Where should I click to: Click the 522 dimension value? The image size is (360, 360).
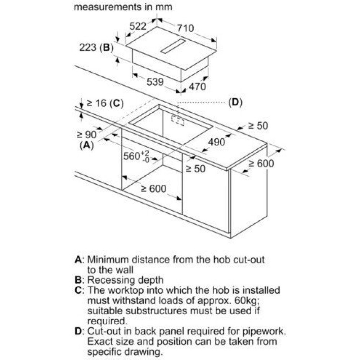click(138, 26)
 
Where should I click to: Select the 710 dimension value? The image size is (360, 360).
click(185, 28)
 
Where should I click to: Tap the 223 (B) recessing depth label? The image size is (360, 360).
click(96, 48)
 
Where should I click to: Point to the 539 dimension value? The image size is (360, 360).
click(155, 82)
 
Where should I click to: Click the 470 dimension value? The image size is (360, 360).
click(197, 86)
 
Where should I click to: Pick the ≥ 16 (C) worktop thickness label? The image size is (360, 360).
click(105, 103)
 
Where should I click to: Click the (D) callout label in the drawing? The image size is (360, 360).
click(235, 102)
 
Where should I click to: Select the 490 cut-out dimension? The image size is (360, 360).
click(216, 142)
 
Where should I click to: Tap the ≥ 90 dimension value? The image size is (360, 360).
click(86, 135)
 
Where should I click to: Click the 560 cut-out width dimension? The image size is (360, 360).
click(136, 156)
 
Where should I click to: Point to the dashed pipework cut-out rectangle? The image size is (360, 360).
click(178, 120)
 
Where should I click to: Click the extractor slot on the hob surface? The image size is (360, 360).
click(173, 46)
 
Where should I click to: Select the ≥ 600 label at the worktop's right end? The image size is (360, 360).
click(261, 164)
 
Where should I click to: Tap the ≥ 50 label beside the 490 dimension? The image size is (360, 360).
click(195, 169)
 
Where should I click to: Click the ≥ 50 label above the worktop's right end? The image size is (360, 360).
click(258, 126)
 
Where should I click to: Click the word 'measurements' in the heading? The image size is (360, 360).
click(108, 7)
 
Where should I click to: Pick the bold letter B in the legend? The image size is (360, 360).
click(78, 280)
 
